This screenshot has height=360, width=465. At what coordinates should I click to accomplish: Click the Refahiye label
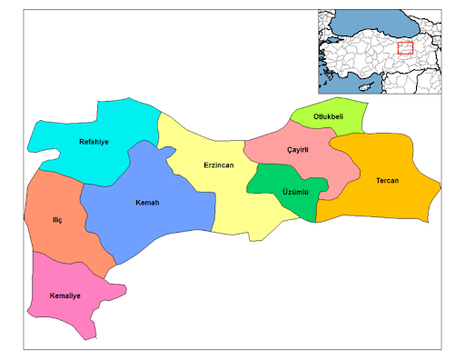pyautogui.click(x=94, y=141)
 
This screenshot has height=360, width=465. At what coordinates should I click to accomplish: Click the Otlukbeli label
pyautogui.click(x=328, y=117)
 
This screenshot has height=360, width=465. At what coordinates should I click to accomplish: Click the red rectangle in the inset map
pyautogui.click(x=405, y=47)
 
